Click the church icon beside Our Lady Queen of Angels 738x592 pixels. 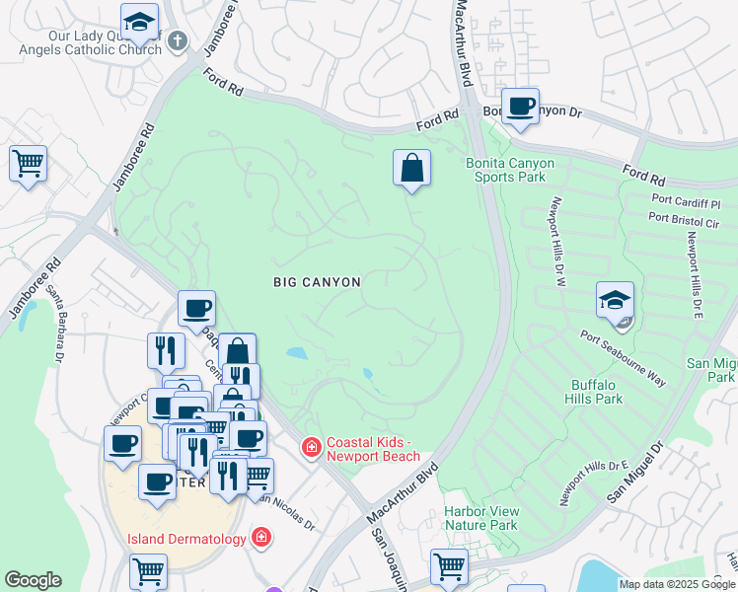(177, 41)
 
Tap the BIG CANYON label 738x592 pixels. (317, 282)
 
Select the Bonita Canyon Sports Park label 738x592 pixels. (510, 171)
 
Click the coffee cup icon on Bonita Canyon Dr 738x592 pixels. (520, 106)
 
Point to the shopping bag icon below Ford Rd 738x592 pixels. (411, 168)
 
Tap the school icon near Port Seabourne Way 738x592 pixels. (615, 299)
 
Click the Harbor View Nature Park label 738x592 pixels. (480, 519)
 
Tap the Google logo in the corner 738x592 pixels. (33, 579)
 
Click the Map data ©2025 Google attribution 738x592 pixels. (677, 584)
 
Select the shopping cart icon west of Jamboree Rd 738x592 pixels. (28, 163)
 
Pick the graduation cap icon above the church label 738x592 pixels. (139, 20)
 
